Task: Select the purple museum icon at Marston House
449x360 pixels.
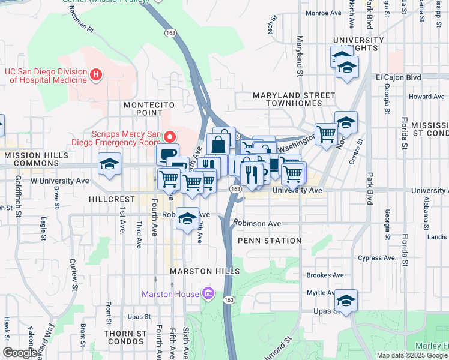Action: click(x=208, y=293)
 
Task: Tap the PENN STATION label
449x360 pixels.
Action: click(x=269, y=241)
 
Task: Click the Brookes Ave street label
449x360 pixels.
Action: click(x=325, y=275)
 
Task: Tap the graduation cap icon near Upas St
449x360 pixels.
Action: click(x=346, y=300)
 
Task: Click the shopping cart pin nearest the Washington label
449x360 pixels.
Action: click(x=326, y=134)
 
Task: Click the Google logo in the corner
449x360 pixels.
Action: click(x=20, y=353)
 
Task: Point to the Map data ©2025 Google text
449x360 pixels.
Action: click(x=412, y=355)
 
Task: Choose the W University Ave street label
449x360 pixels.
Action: click(x=60, y=180)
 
